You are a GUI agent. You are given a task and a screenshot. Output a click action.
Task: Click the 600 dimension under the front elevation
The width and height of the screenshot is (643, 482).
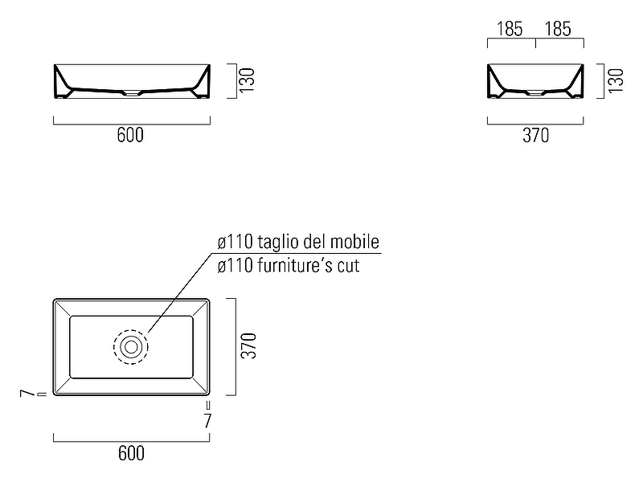point(130,135)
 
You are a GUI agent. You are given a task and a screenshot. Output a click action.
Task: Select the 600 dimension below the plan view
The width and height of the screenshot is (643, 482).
point(131,453)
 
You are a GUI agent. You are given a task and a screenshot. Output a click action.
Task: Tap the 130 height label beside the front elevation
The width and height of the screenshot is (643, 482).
point(247,80)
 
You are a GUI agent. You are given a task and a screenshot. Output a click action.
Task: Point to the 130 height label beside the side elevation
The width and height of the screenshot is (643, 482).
point(616,81)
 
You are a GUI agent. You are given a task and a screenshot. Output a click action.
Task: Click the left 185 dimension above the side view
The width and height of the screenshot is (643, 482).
point(510,29)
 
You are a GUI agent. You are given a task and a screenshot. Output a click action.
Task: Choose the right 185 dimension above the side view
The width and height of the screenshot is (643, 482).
point(558,29)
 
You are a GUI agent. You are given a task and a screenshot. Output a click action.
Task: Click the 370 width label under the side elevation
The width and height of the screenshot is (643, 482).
point(535,135)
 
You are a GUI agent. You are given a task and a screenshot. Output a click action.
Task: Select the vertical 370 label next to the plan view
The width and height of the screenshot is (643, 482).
point(248,346)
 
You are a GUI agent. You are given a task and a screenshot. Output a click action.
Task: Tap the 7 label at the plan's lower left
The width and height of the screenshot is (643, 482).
point(27,394)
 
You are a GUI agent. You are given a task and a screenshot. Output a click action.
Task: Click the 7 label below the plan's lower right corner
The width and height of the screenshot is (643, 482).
point(208,420)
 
